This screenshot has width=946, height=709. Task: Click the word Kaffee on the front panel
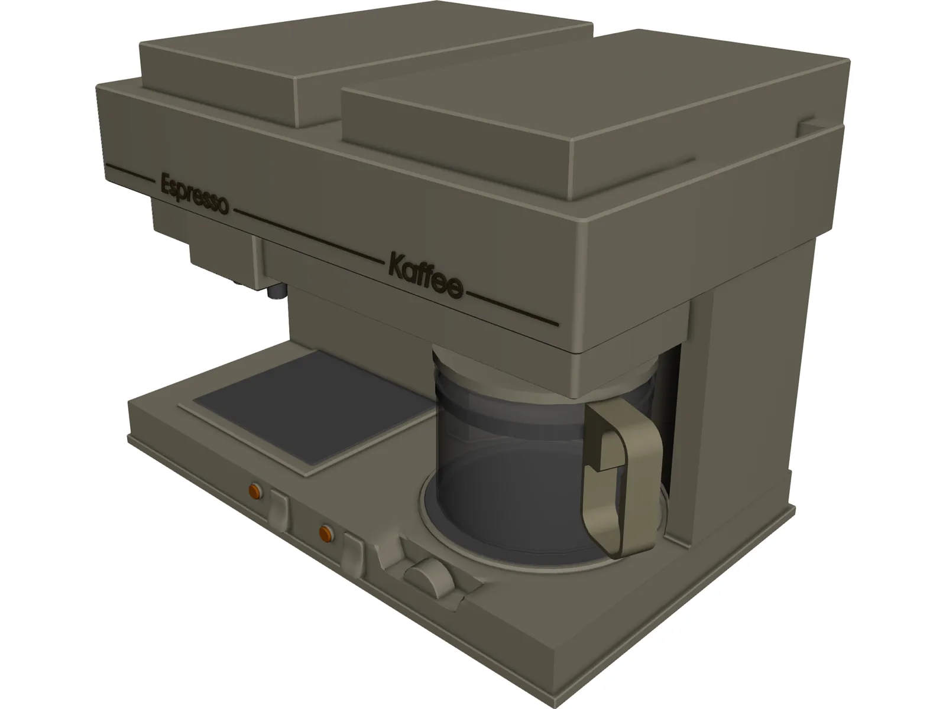pos(424,274)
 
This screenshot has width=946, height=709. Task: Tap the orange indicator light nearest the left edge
pos(254,490)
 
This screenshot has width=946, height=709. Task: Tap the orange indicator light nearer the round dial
pos(325,534)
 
